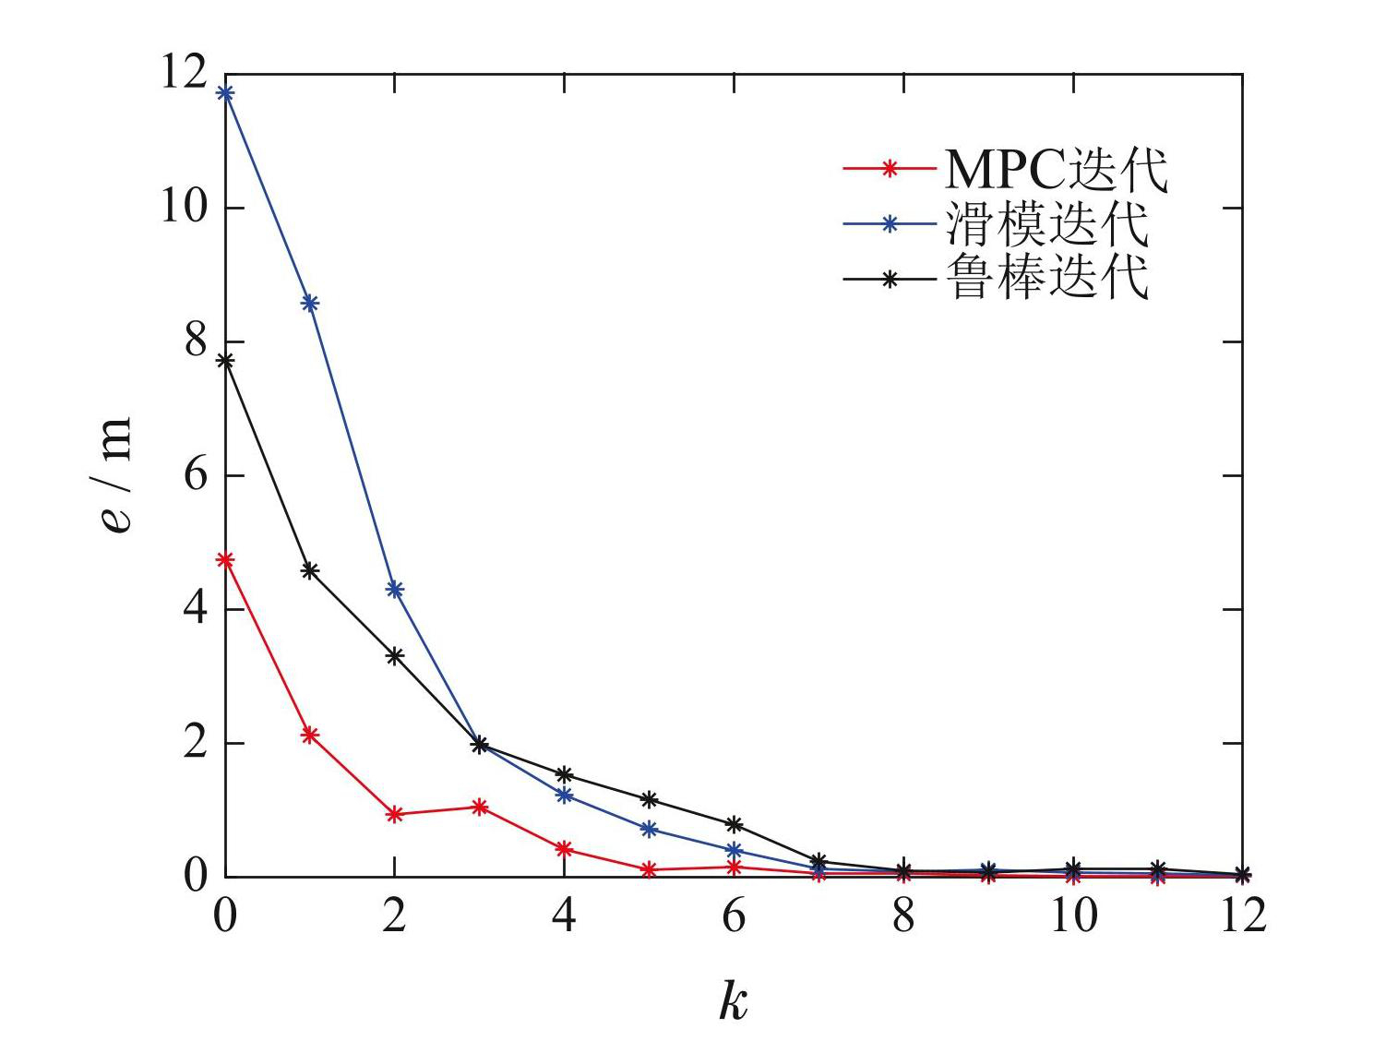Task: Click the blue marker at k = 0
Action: (224, 93)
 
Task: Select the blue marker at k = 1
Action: (310, 304)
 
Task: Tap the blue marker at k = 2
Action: (395, 589)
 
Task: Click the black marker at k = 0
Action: (224, 361)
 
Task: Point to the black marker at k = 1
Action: (310, 570)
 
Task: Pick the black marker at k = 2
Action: (395, 656)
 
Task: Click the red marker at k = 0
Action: (224, 559)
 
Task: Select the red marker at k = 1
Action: (310, 735)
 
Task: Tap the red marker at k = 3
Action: (480, 808)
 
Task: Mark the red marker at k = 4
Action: (565, 849)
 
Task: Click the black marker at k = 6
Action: (735, 823)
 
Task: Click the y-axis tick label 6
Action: (194, 476)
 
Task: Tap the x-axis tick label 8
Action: (904, 918)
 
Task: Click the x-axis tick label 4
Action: (565, 918)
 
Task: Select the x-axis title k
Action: (734, 1001)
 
